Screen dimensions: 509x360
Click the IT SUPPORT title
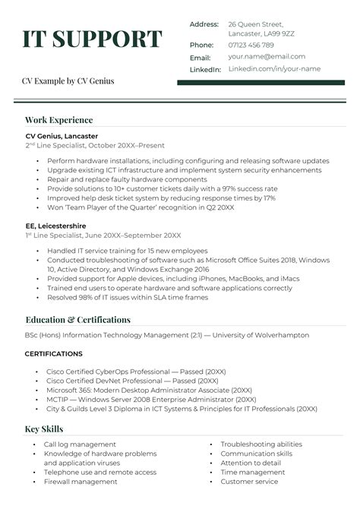(x=92, y=40)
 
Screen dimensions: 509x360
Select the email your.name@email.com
(x=267, y=56)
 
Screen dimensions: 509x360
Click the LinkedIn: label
(x=205, y=69)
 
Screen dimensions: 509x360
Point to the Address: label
(x=204, y=24)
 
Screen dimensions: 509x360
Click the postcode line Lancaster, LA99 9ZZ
(x=261, y=34)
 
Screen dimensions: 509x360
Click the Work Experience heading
(x=58, y=120)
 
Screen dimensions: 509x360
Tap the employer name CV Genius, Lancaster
(x=62, y=136)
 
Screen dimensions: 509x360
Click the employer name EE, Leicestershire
(x=55, y=226)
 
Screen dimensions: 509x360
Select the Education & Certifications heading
(x=77, y=320)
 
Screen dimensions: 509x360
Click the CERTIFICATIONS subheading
(x=54, y=354)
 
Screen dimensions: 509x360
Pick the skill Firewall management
(x=81, y=482)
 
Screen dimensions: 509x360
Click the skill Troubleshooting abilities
(x=261, y=444)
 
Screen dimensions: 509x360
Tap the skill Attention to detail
(x=251, y=463)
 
